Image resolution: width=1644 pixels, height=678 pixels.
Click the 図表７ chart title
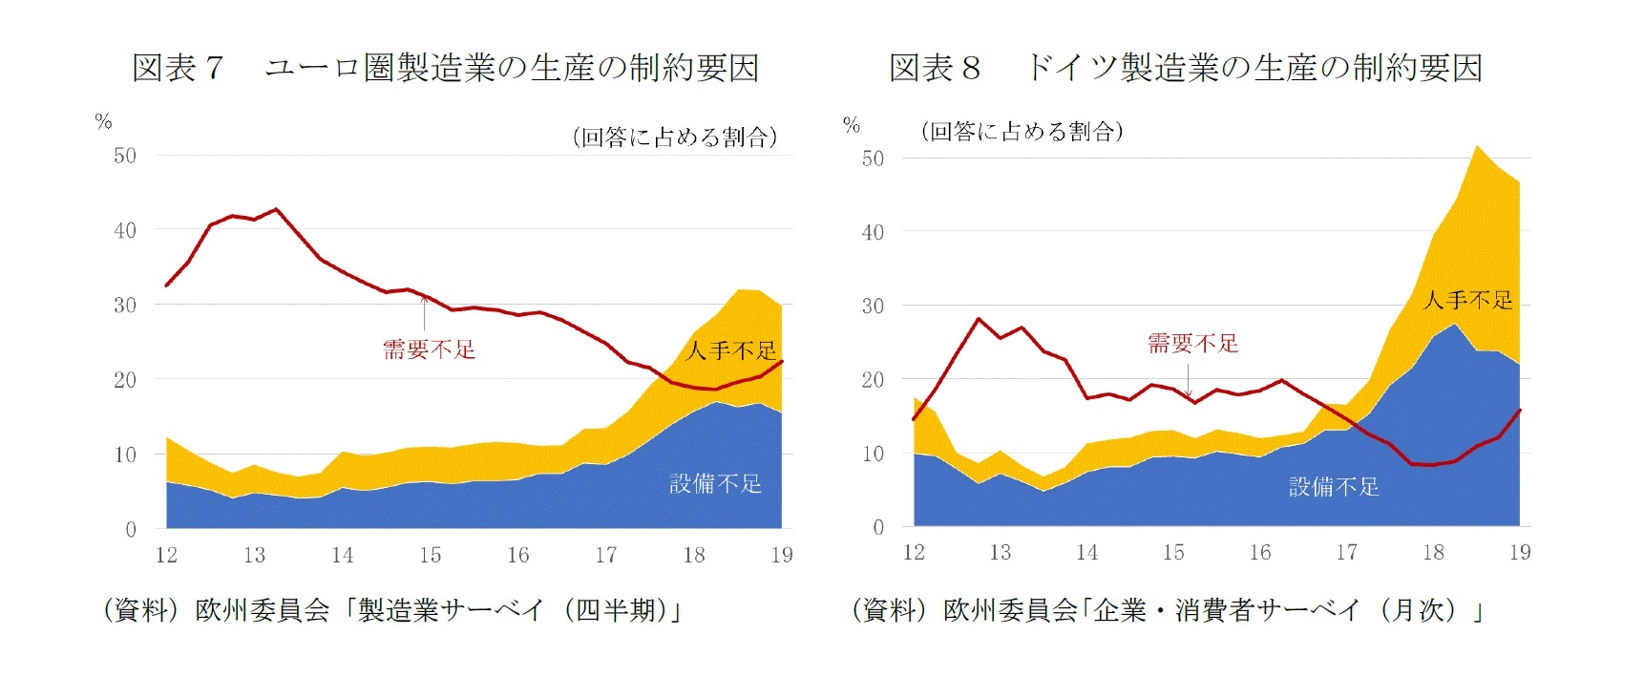click(x=445, y=68)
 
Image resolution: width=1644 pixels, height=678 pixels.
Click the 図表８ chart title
click(x=1185, y=68)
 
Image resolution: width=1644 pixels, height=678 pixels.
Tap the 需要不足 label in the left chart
click(x=429, y=350)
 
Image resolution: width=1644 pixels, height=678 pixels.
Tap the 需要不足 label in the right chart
click(x=1192, y=343)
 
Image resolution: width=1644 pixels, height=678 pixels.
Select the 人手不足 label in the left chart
click(x=731, y=350)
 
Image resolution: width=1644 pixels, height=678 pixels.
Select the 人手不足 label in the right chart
click(x=1467, y=300)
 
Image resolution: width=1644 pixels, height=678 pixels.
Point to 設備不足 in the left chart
click(x=715, y=483)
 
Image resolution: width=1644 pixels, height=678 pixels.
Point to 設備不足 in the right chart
click(x=1334, y=487)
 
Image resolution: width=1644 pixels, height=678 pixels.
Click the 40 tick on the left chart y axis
click(x=125, y=230)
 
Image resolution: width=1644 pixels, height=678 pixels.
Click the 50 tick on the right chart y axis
click(x=873, y=159)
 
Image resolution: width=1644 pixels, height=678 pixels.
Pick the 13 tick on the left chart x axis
click(x=254, y=555)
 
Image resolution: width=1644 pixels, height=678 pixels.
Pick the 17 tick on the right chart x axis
click(x=1346, y=552)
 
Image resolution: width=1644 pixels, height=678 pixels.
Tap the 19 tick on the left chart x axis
click(x=782, y=555)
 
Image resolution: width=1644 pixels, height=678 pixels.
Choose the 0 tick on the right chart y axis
click(x=878, y=527)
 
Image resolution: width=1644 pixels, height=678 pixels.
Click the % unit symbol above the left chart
click(x=104, y=122)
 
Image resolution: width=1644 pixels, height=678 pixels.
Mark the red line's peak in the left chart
click(x=276, y=209)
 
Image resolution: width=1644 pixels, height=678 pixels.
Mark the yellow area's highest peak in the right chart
click(x=1477, y=146)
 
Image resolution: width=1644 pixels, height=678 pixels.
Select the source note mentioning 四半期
click(x=391, y=609)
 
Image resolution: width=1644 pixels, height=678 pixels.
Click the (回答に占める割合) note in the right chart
click(x=1022, y=132)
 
